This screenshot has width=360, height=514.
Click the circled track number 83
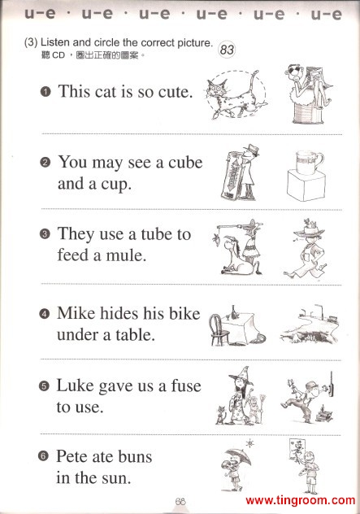click(x=227, y=50)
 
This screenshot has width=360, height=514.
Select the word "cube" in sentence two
click(x=185, y=163)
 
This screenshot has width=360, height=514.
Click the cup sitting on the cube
click(x=309, y=162)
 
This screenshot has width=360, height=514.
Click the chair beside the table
click(x=218, y=329)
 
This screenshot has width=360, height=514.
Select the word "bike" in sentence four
click(x=184, y=313)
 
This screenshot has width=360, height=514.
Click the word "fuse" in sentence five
click(x=186, y=385)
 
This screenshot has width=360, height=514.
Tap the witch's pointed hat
click(x=241, y=376)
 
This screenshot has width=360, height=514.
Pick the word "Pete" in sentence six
click(x=72, y=456)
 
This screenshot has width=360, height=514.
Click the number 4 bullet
click(x=44, y=314)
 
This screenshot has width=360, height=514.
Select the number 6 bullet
click(x=43, y=456)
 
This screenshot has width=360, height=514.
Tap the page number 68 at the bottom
click(x=180, y=501)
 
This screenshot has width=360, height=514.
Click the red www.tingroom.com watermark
click(x=301, y=500)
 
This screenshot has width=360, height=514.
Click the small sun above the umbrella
click(x=250, y=444)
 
